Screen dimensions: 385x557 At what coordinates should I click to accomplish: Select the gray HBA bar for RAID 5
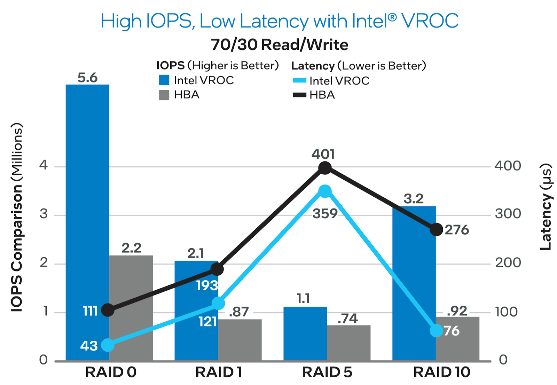[x=348, y=343]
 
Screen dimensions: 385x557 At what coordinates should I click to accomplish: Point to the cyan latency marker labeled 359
[x=325, y=191]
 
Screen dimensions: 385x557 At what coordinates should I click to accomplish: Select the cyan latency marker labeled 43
[x=108, y=345]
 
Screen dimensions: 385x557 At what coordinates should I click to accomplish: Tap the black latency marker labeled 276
[x=436, y=230]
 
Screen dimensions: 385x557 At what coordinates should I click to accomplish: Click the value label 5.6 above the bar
[x=87, y=78]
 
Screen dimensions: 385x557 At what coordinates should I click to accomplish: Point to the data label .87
[x=239, y=312]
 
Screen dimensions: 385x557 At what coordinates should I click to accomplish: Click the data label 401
[x=323, y=154]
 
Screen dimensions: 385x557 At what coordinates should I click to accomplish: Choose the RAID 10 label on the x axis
[x=441, y=372]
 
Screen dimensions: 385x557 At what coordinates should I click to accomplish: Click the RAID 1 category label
[x=219, y=372]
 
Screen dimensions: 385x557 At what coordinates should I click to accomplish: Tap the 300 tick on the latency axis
[x=508, y=214]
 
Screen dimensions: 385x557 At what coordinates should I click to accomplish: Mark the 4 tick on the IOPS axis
[x=44, y=165]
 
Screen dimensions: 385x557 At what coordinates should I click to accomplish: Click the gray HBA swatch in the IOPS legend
[x=164, y=95]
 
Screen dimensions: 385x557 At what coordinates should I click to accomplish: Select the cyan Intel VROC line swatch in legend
[x=299, y=81]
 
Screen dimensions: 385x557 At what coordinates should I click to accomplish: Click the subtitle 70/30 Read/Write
[x=279, y=45]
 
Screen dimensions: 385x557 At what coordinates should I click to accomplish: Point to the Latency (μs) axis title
[x=546, y=206]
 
